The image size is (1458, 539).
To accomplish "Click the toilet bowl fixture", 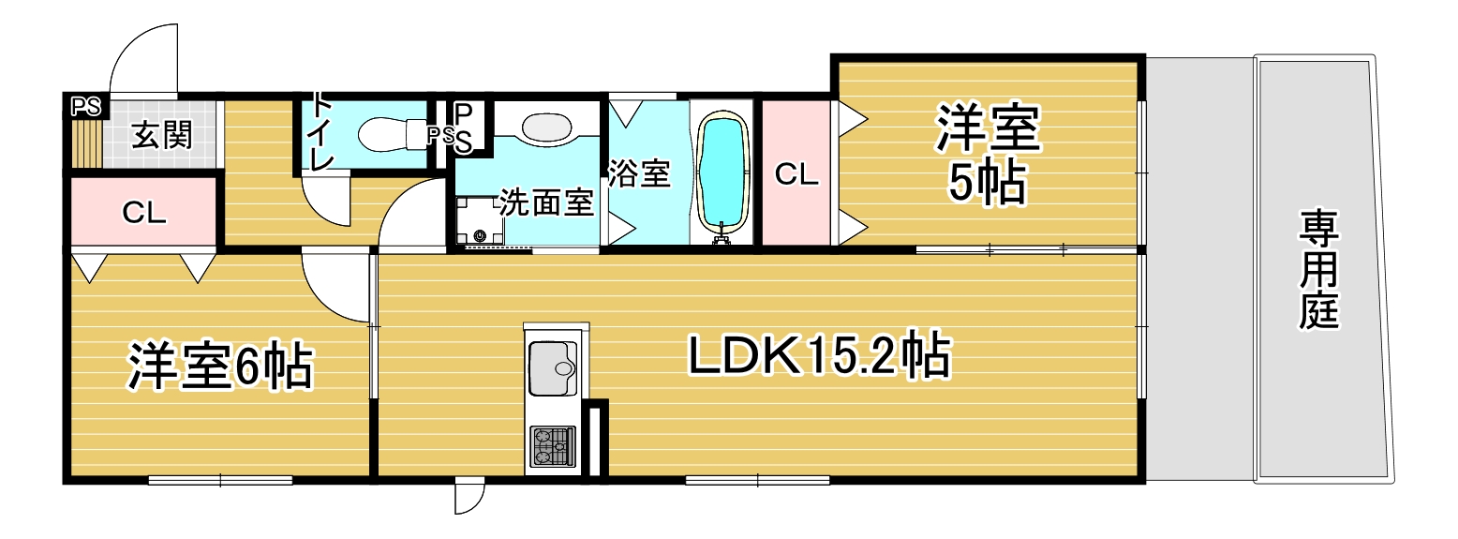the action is [390, 133].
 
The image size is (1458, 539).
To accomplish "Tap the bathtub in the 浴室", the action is [722, 172].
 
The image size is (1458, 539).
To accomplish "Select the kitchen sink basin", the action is [553, 368].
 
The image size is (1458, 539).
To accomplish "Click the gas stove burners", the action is [553, 446].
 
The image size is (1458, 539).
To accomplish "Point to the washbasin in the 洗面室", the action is [546, 127].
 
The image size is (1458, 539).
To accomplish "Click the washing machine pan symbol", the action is [480, 220].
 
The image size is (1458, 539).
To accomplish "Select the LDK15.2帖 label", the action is [820, 354].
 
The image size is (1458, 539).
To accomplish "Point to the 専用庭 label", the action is [1318, 269].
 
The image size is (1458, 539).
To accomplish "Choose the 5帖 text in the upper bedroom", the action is [987, 183].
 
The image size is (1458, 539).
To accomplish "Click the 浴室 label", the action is [639, 173].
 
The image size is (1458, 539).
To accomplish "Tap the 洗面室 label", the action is [546, 203].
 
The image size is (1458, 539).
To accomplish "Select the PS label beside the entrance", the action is [86, 106].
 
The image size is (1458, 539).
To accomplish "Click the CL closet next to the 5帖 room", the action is [796, 173].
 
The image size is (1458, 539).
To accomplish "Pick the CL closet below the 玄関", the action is [143, 212].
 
